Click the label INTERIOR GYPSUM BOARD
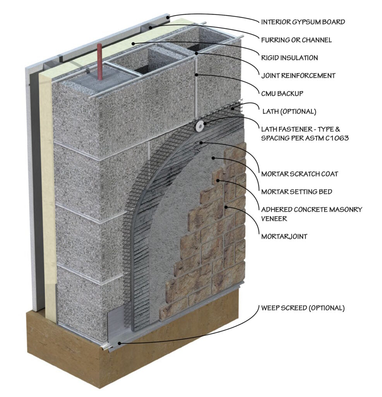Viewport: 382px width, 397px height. point(303,22)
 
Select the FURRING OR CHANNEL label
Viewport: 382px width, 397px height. point(296,40)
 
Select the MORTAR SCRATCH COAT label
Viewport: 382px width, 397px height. point(300,174)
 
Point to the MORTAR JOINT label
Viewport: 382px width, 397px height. point(284,236)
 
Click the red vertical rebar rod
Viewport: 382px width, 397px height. point(100,62)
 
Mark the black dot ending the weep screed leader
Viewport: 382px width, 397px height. point(120,343)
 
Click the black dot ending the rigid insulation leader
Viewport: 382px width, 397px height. point(133,43)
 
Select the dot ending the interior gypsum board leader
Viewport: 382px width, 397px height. point(167,17)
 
